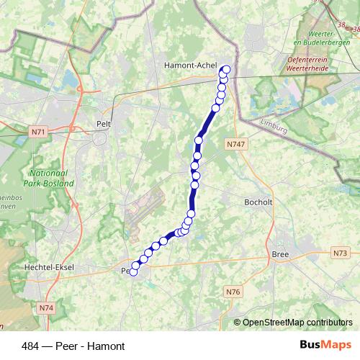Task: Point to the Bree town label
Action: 280,255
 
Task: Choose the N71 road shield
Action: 39,132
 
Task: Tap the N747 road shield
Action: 235,144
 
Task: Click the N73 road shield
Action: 340,253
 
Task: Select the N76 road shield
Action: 232,292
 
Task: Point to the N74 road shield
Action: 46,307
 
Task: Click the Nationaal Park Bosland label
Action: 51,179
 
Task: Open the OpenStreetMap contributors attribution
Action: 297,322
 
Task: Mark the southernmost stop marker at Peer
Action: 132,271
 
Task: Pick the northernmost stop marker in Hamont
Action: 227,70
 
